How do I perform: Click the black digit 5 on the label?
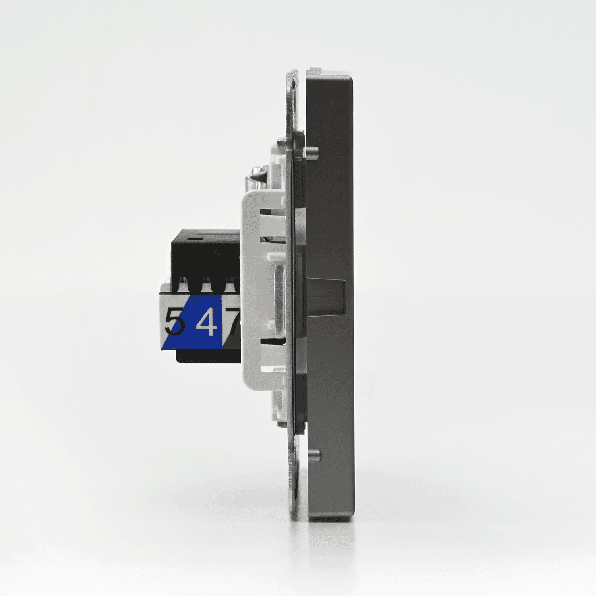(x=175, y=321)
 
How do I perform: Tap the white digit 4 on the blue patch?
(x=207, y=321)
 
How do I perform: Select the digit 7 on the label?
(x=233, y=321)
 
